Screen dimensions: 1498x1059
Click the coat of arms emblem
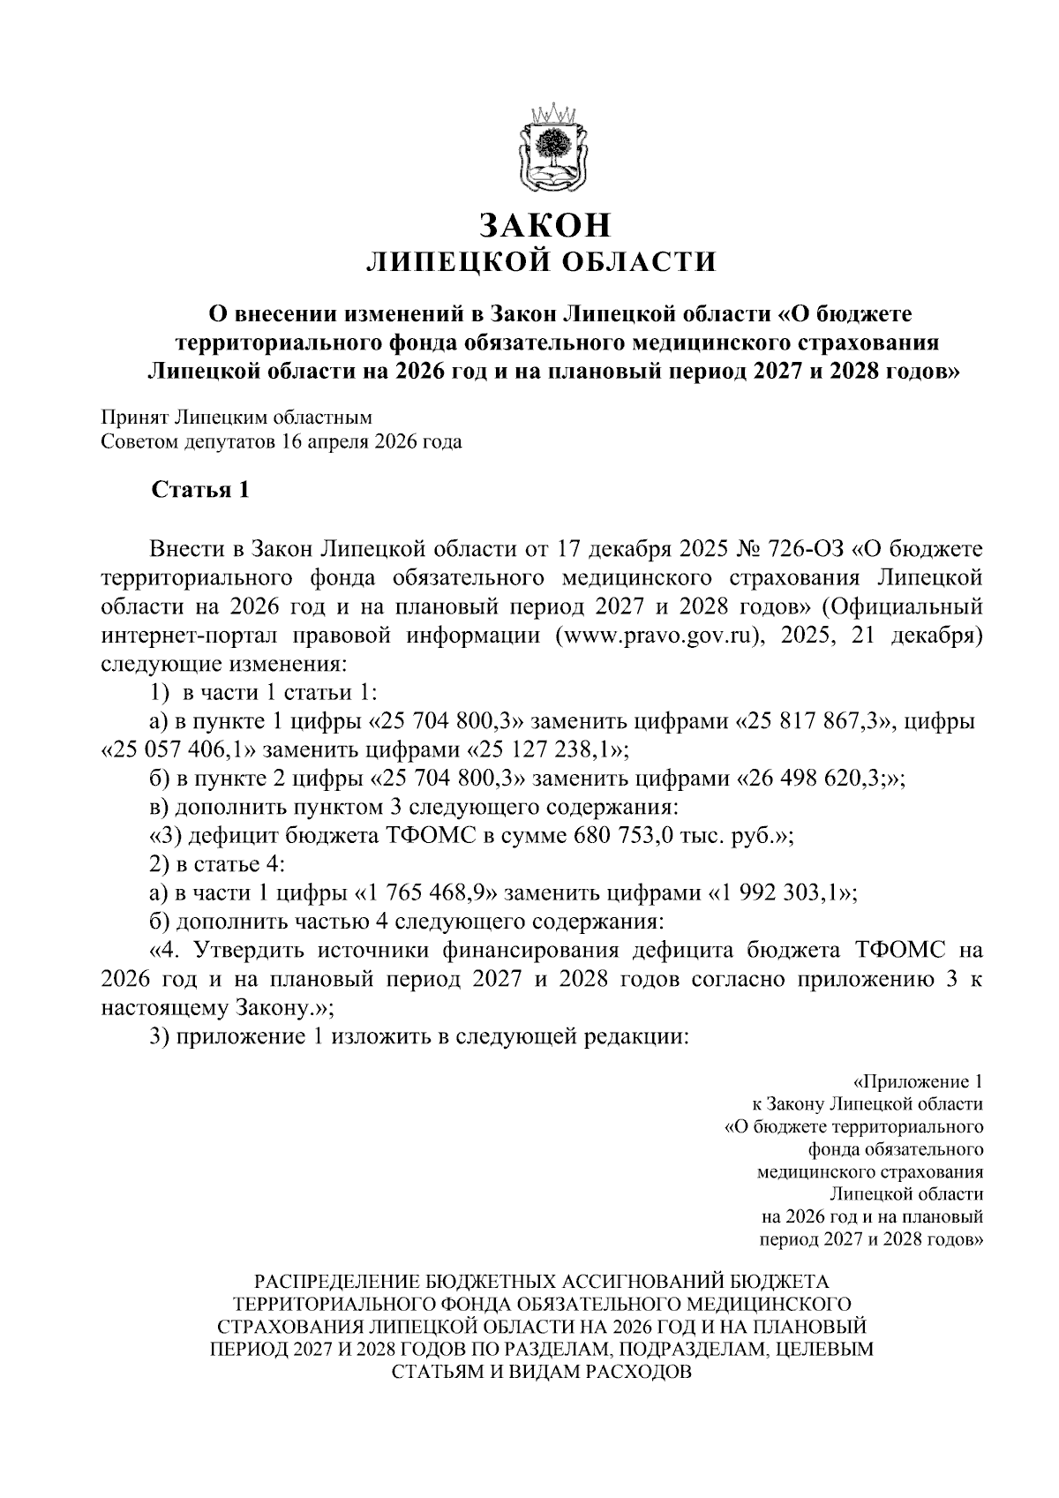click(x=551, y=147)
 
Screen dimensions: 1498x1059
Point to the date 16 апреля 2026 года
click(x=372, y=442)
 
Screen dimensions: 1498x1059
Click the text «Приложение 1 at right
click(x=919, y=1081)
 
